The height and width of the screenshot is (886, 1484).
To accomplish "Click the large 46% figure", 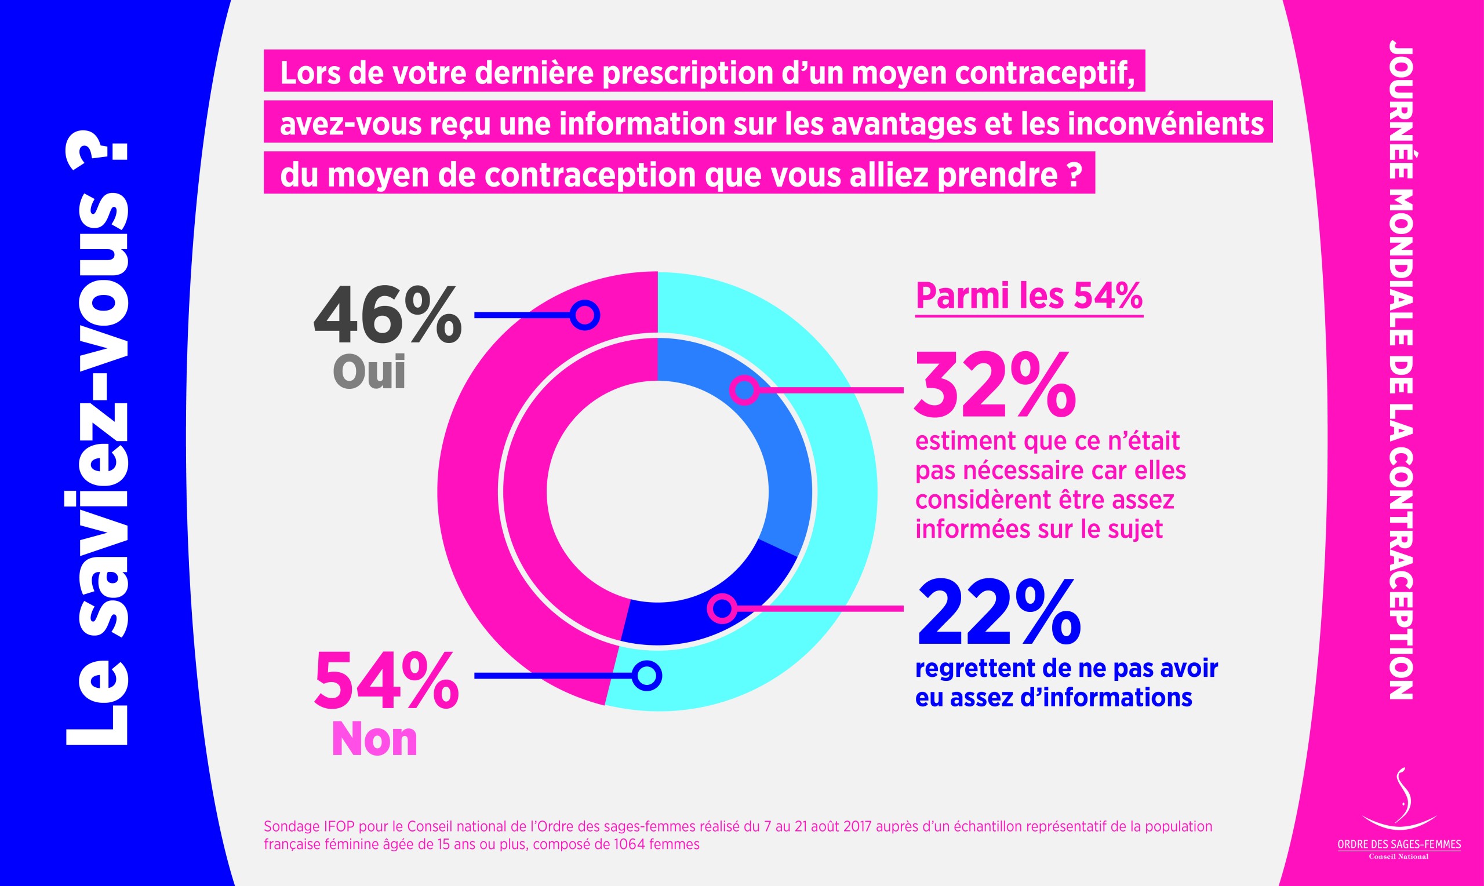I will (387, 315).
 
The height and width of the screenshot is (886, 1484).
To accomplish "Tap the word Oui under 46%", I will (369, 371).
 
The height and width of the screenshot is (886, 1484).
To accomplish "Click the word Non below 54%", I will (374, 739).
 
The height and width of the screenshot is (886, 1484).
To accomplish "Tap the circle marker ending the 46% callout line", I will (584, 315).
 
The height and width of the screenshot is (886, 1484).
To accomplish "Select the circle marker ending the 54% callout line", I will (647, 675).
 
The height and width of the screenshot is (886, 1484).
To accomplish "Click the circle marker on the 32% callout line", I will (745, 391).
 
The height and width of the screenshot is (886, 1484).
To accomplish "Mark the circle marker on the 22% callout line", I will (722, 608).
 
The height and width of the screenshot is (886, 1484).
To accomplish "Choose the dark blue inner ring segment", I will (705, 615).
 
